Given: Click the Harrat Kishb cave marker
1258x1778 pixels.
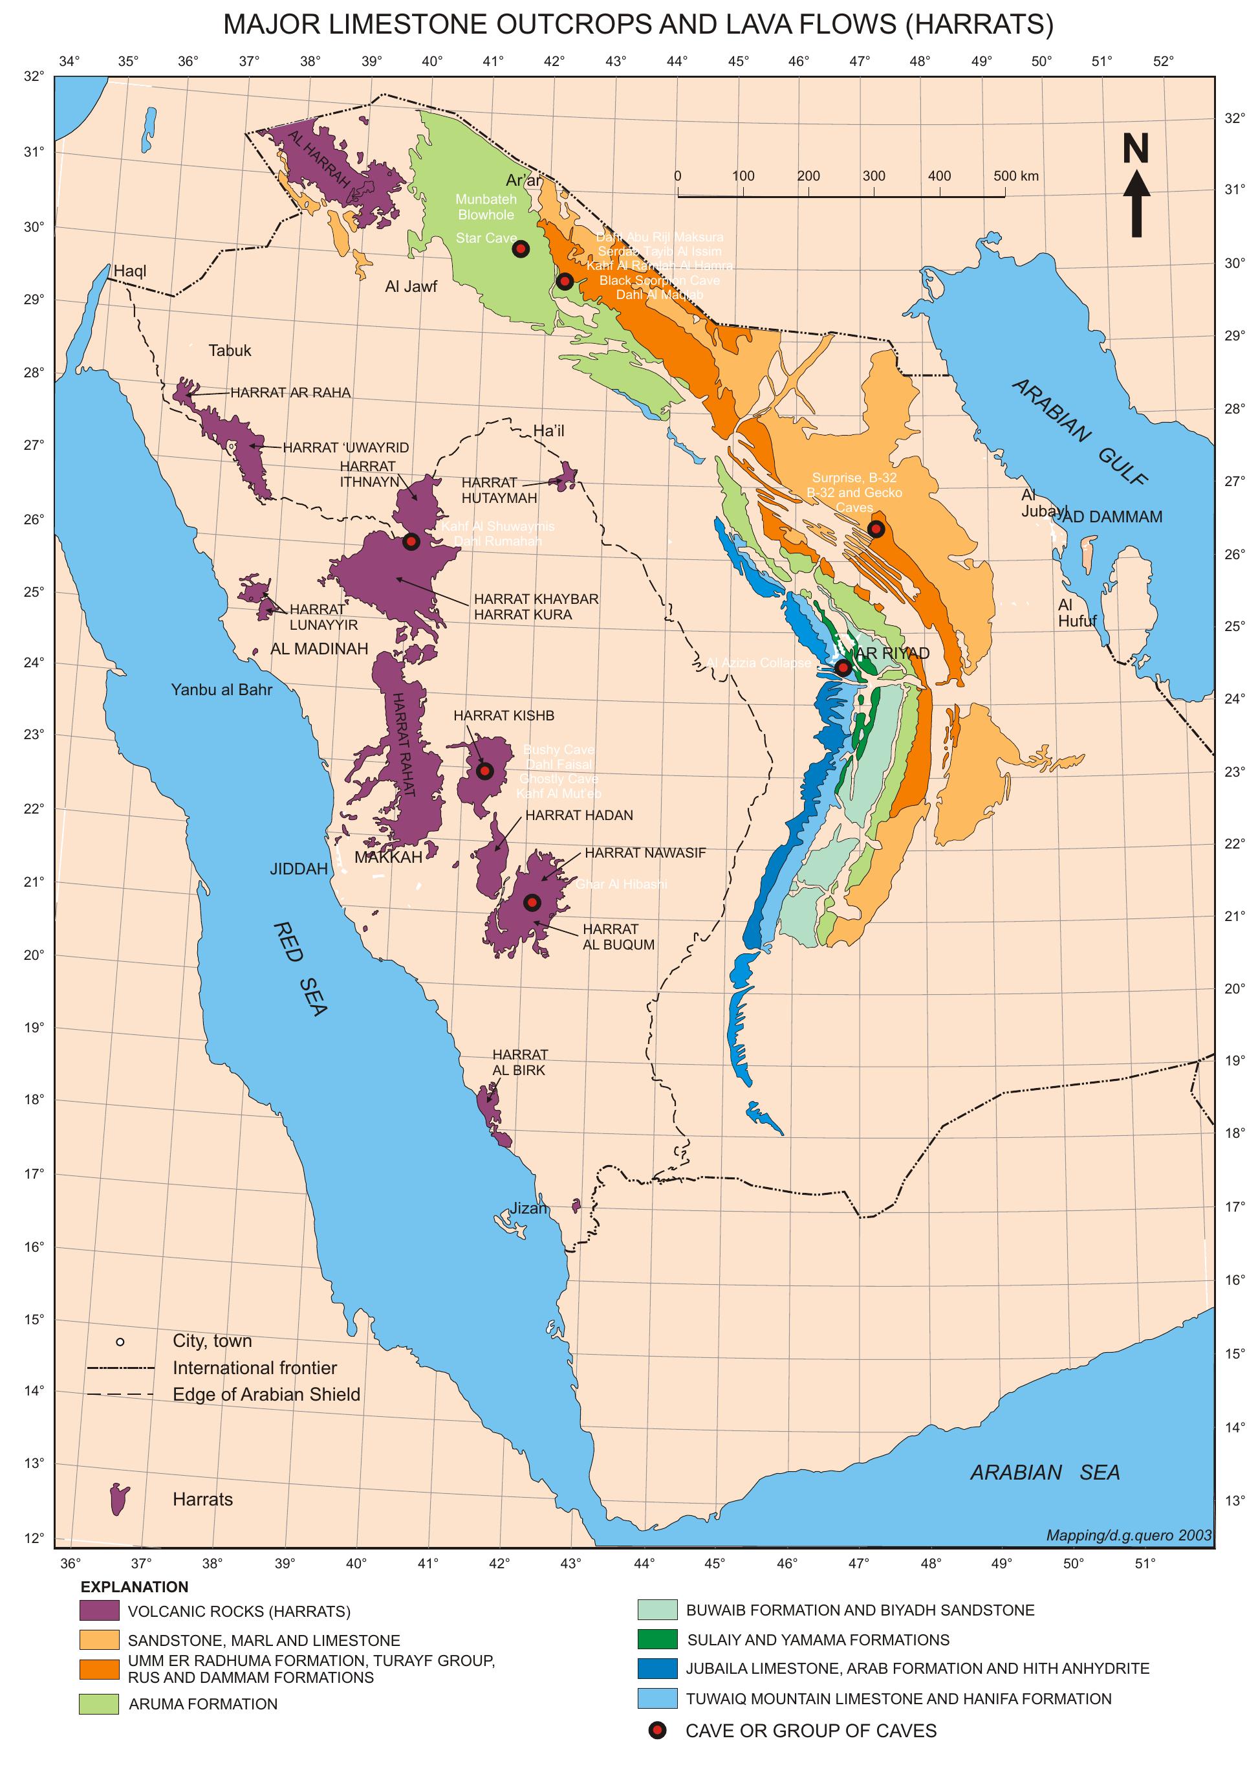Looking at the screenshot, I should (485, 770).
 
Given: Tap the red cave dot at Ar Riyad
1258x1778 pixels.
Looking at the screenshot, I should (843, 667).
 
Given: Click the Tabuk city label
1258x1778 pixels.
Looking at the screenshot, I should (230, 351).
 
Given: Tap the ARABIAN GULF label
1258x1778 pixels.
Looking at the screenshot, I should (1079, 432).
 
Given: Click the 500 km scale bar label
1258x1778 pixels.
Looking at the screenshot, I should (1015, 176).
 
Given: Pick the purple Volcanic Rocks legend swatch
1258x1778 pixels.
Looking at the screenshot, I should (98, 1610).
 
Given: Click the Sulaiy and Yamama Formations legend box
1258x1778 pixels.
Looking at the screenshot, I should (657, 1639).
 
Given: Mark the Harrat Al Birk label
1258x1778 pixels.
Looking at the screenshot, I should (520, 1062).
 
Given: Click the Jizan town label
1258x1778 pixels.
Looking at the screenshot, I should (528, 1208).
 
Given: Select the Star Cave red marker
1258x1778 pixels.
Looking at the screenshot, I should (521, 249).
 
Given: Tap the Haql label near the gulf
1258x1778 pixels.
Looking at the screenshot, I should (129, 271).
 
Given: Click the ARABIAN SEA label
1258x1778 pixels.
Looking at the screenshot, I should (1045, 1472).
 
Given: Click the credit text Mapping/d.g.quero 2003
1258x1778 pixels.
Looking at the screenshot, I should (1128, 1535).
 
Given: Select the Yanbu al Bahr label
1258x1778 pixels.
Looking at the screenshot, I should (222, 690).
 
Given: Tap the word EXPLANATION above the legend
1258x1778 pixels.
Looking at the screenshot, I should (134, 1586).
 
